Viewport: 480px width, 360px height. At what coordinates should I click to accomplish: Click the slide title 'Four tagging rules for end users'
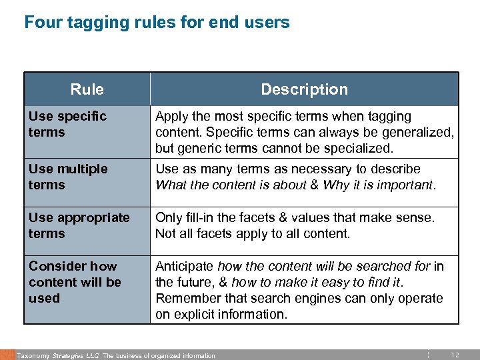pos(157,23)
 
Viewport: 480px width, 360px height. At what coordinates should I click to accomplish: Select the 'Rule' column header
pos(87,89)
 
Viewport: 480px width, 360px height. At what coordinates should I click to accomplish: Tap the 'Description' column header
pos(304,89)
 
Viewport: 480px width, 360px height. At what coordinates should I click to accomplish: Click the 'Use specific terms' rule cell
pos(67,124)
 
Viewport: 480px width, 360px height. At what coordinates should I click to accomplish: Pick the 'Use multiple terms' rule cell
pos(68,177)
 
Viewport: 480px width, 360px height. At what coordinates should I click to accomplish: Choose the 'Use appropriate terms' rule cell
pos(79,225)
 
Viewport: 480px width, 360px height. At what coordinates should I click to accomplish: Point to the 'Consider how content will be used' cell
pos(75,282)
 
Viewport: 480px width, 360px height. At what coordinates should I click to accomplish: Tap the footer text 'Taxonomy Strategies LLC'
pos(58,356)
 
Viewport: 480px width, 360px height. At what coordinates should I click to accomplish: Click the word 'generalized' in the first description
pos(419,132)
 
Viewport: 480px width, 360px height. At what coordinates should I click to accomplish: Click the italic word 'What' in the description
pos(170,185)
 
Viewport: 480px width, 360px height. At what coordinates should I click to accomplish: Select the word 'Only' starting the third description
pos(167,217)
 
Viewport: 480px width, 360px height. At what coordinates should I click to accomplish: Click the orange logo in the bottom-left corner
pos(7,355)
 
